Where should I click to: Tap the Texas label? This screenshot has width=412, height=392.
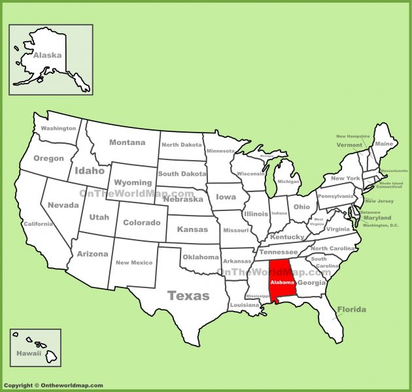[x=188, y=295]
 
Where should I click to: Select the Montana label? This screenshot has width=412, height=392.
[x=127, y=142]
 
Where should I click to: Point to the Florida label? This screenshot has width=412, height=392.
[x=352, y=309]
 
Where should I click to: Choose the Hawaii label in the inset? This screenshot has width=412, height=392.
[x=29, y=353]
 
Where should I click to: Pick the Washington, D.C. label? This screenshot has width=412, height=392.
[x=381, y=225]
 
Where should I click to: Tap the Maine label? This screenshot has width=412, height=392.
[x=385, y=144]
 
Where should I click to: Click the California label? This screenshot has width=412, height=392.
[x=38, y=224]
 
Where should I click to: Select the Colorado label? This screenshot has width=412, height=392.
[x=141, y=222]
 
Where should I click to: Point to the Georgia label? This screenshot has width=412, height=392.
[x=311, y=283]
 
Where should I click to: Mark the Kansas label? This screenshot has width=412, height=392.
[x=192, y=229]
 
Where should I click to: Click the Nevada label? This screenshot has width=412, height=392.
[x=63, y=204]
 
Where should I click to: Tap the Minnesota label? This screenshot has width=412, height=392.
[x=220, y=151]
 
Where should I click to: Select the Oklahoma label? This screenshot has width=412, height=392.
[x=200, y=257]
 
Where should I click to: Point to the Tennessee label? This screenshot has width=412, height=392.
[x=278, y=252]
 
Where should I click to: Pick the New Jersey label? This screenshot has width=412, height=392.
[x=379, y=201]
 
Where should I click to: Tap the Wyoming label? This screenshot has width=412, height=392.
[x=133, y=182]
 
